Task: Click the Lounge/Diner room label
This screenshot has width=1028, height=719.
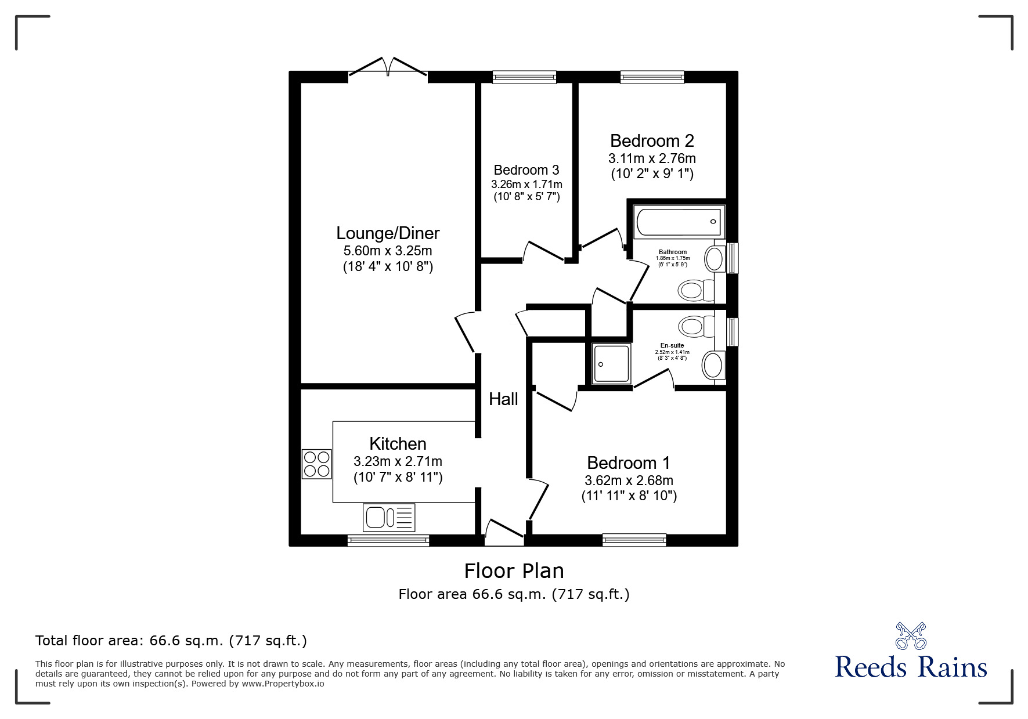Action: (388, 233)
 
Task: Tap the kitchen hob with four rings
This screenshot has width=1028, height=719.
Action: (316, 464)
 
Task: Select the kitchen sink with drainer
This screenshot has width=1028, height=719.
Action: (389, 517)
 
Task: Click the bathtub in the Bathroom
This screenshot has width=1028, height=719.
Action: (679, 222)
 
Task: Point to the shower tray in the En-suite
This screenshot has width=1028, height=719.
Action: (611, 364)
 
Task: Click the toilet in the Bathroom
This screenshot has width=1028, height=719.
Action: (696, 290)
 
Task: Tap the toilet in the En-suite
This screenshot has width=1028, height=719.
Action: (697, 326)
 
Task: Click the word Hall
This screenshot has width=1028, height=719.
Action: (503, 399)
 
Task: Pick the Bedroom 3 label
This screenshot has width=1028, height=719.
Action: (526, 170)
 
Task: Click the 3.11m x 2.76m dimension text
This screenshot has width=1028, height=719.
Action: (652, 158)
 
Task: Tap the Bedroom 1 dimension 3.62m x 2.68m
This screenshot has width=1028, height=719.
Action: (629, 480)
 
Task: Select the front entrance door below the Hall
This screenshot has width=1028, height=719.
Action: (504, 534)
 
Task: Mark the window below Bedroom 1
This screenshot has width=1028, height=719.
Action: (634, 540)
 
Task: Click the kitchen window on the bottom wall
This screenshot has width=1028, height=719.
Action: (388, 540)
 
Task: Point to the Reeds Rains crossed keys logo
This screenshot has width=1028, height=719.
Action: (911, 635)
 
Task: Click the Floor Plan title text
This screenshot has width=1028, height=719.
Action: (514, 571)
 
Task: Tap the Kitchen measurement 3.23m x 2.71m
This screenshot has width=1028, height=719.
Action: (398, 461)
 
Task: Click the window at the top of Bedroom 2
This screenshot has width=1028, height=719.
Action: (652, 77)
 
